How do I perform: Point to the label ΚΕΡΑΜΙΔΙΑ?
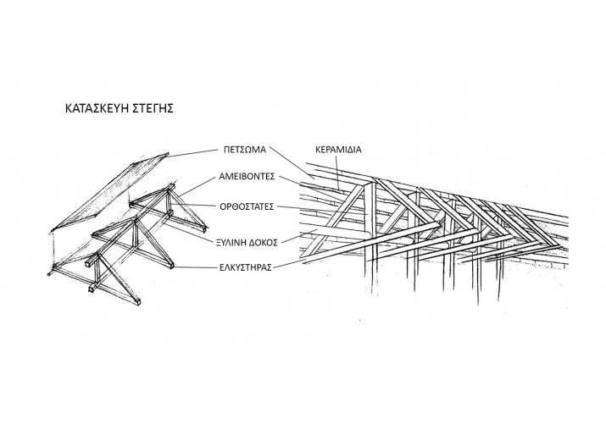point(338,150)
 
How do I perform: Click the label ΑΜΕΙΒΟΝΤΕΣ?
point(247,177)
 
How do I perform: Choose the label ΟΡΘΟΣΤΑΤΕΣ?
point(247,206)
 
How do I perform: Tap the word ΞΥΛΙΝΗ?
point(232,243)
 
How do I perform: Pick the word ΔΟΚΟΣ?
point(264,243)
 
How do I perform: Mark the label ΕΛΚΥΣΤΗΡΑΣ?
point(246,267)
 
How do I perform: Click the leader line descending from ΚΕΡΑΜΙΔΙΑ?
point(337,172)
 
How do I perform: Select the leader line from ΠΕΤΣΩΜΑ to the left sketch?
point(192,152)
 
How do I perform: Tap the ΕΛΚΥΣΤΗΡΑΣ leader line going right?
point(293,263)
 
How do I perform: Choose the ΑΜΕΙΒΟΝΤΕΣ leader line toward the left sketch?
point(197,187)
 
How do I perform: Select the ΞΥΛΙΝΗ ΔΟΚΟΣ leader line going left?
point(191,232)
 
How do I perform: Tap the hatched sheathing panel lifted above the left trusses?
point(110,192)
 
